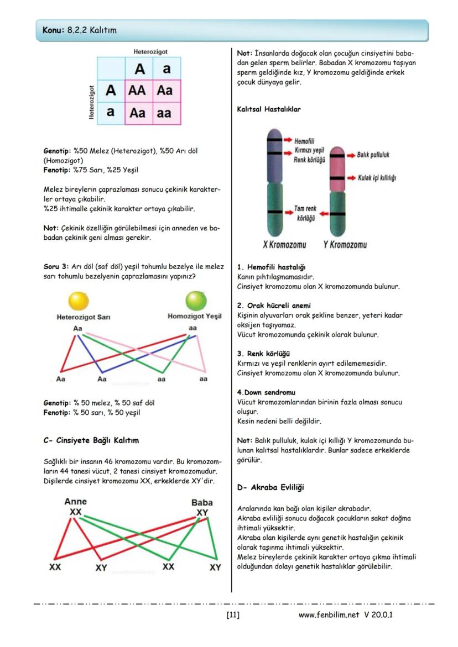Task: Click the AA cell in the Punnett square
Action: (x=137, y=91)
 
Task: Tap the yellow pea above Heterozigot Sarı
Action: (x=78, y=302)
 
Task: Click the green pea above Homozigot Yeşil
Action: (x=195, y=301)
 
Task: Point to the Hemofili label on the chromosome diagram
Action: (x=304, y=141)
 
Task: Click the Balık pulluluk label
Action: (x=373, y=155)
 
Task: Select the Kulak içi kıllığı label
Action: (x=376, y=178)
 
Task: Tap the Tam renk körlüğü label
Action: (x=305, y=213)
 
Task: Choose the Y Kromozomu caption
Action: (x=345, y=244)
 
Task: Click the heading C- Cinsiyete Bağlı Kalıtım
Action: (x=91, y=440)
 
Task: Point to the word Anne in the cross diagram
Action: (x=76, y=502)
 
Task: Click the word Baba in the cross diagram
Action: (x=202, y=503)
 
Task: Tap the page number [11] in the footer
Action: (x=233, y=614)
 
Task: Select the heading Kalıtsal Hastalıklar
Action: (x=269, y=109)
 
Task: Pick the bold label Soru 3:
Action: (x=56, y=266)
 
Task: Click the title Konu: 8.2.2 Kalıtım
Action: (x=80, y=30)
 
